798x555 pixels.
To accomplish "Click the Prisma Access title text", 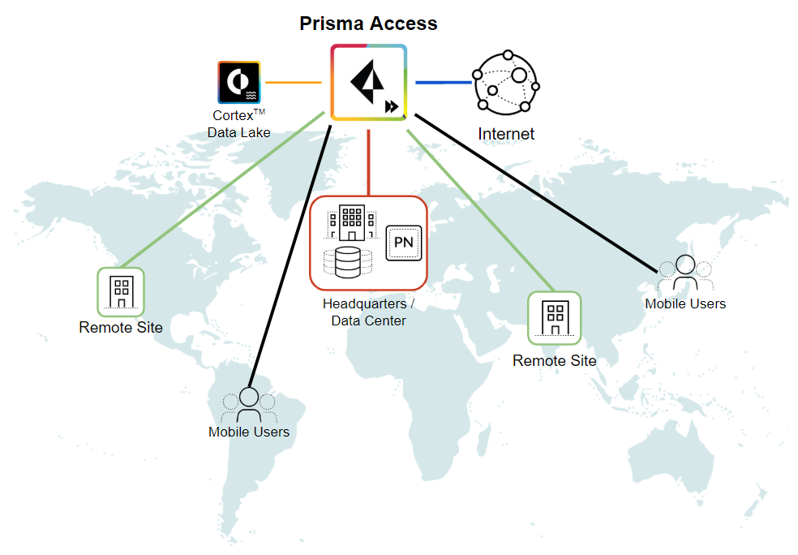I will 368,24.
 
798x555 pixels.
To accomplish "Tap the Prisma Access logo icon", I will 368,83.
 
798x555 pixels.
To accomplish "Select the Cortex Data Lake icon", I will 238,82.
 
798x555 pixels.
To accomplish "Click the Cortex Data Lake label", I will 238,124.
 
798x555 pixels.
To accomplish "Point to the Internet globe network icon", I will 507,83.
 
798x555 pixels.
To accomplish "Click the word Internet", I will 506,134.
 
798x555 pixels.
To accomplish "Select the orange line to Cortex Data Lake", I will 294,83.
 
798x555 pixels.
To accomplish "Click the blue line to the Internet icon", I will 443,82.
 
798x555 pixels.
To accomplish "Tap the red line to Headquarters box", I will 368,158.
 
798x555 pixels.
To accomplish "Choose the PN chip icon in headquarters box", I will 403,242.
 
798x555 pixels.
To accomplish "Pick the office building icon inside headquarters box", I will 351,222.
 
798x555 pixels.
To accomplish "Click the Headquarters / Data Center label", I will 368,312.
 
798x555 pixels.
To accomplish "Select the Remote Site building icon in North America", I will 121,291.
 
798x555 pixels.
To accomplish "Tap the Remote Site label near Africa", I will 554,360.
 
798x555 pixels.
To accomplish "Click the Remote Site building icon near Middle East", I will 554,316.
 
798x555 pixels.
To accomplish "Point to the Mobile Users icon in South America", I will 248,404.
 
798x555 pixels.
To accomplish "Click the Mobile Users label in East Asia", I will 685,303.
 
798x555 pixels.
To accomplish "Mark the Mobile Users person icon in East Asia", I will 685,273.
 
